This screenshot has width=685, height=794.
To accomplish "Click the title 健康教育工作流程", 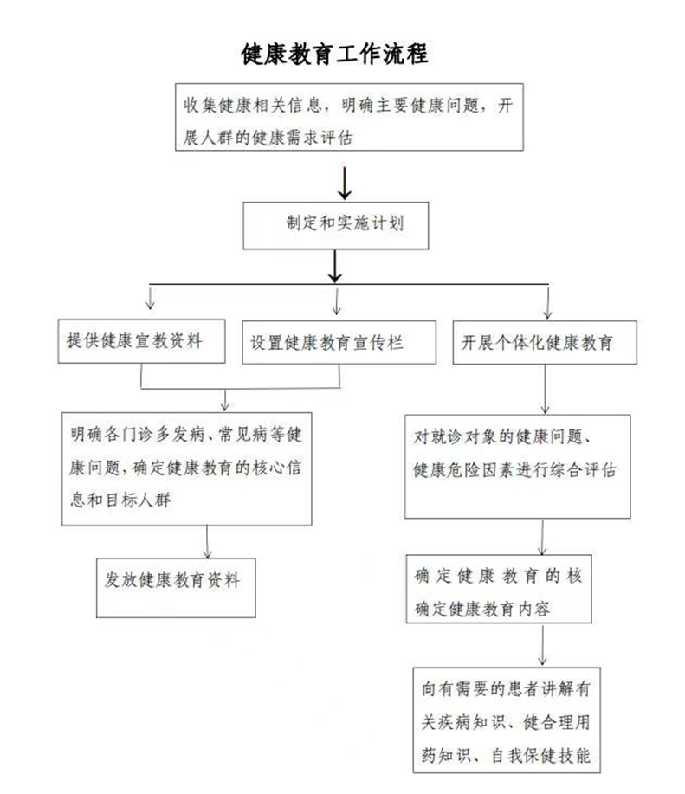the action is click(x=334, y=55).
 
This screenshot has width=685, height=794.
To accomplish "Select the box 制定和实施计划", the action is click(x=336, y=226).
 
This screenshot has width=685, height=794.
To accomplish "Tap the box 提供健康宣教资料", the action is click(x=141, y=341).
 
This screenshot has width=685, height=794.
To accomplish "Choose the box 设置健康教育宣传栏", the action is click(x=339, y=342).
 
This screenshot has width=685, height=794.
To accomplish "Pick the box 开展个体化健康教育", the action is click(x=545, y=342).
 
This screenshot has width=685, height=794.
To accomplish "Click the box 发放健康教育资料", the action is click(x=176, y=588).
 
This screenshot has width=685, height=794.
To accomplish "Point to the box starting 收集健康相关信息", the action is click(x=349, y=117).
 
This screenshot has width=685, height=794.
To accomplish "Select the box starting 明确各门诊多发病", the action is click(x=186, y=469).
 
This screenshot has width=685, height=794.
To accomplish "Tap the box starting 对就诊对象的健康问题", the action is click(x=517, y=467).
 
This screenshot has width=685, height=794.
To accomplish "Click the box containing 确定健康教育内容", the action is click(x=499, y=589).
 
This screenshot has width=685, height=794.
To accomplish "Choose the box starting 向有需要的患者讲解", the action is click(x=507, y=720).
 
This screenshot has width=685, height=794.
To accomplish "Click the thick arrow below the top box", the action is click(x=345, y=184).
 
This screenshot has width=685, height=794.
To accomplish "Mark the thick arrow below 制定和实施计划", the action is click(x=334, y=267).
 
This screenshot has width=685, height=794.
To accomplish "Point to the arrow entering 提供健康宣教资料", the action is click(x=150, y=298).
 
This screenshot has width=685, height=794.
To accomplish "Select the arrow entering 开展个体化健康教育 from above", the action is click(x=547, y=303).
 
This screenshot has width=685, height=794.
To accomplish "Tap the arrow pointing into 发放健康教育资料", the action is click(x=207, y=542).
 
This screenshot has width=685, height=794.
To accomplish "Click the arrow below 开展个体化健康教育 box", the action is click(x=546, y=389).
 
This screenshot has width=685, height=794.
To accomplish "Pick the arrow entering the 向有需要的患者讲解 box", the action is click(x=542, y=644).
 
